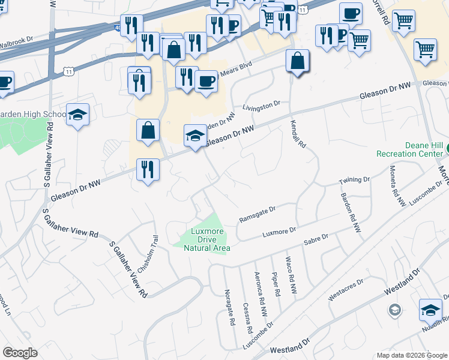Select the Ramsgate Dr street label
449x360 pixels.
pyautogui.click(x=257, y=214)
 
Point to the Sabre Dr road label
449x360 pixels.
pyautogui.click(x=316, y=238)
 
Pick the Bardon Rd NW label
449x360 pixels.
pyautogui.click(x=351, y=212)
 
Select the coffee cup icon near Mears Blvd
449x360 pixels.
pyautogui.click(x=206, y=80)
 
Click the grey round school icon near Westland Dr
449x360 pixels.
pyautogui.click(x=394, y=310)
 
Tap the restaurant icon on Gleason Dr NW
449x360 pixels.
pyautogui.click(x=147, y=169)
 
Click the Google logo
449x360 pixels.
pyautogui.click(x=20, y=353)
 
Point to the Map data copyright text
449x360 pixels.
pyautogui.click(x=411, y=355)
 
